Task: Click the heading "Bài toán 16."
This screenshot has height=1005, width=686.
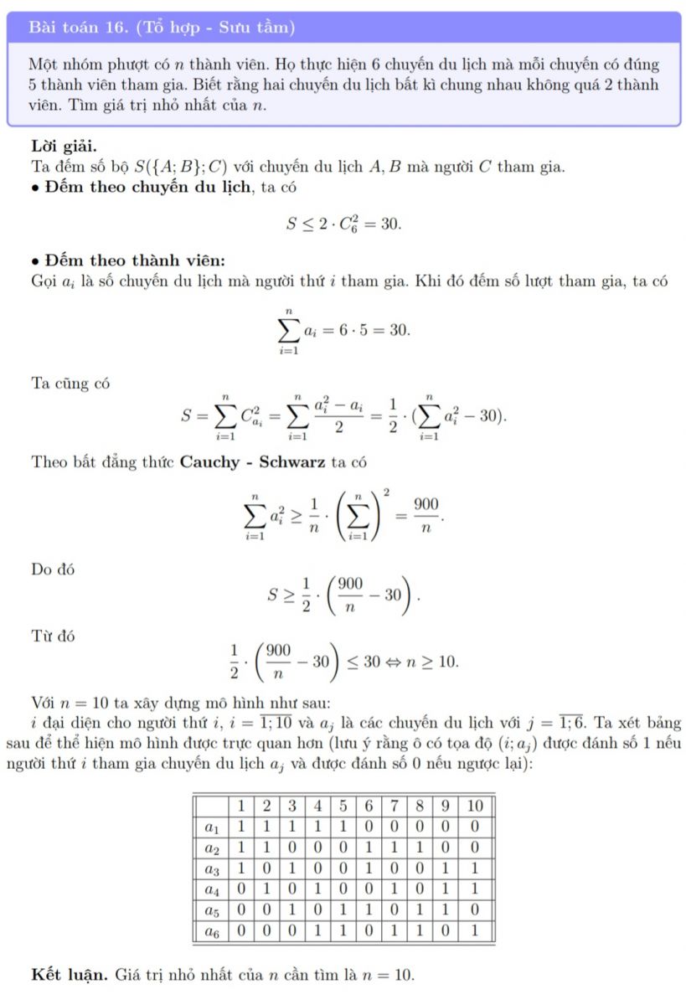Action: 76,28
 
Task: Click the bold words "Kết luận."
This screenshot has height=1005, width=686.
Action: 69,975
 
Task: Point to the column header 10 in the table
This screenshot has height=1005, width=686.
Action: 474,807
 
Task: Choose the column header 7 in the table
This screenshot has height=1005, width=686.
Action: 394,807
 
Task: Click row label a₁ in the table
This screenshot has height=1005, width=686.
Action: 212,827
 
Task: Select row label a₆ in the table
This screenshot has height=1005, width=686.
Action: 212,930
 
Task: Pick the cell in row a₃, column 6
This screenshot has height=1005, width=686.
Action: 369,868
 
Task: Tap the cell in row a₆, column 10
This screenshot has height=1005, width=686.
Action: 474,930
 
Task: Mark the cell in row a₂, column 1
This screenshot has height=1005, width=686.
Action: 240,848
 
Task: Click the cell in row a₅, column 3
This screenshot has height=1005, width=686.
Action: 292,909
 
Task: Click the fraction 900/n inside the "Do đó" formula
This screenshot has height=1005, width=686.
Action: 362,595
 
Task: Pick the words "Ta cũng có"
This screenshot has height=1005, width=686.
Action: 70,384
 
